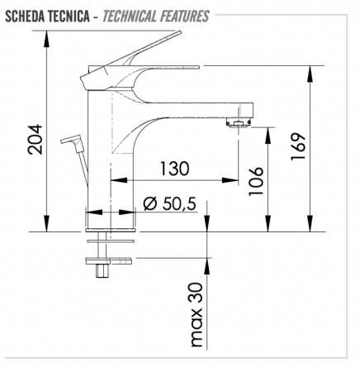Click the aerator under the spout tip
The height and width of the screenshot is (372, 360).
click(x=239, y=124)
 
